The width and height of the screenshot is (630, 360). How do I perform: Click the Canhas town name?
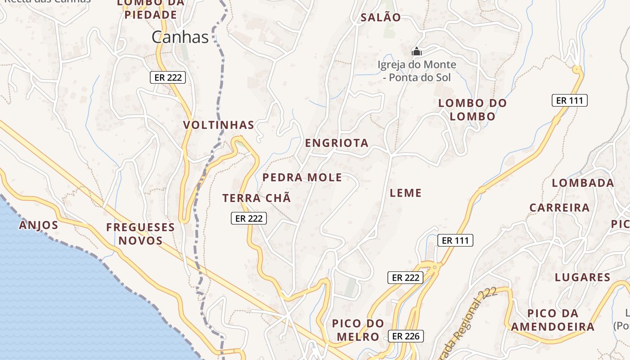coord(180,37)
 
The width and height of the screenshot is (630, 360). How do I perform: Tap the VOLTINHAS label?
coord(219,125)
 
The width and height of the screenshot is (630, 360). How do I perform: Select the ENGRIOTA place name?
coord(337,143)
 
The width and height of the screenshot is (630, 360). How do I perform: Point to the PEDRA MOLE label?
coord(302,177)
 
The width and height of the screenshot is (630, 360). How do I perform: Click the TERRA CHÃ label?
coord(256,198)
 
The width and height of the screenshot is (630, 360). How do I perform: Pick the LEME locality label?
coord(405,193)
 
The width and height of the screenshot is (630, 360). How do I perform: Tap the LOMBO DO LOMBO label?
coord(472,110)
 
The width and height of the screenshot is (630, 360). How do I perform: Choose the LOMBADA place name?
coord(583,183)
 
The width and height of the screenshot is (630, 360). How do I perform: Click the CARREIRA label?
coord(559,208)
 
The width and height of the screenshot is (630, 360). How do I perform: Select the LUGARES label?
coord(582,277)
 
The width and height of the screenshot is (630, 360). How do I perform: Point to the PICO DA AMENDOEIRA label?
coord(553,320)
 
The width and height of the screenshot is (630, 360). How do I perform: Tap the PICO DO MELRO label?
coord(358,330)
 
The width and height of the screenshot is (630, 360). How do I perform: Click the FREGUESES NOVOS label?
coord(140,234)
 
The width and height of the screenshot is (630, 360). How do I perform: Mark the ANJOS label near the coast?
coord(39,225)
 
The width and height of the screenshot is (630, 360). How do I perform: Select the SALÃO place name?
coord(380,18)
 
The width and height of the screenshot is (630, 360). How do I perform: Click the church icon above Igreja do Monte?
coord(417,51)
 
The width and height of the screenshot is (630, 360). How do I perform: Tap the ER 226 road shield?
coord(405,336)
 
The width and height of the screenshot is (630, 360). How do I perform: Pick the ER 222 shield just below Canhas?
coord(168,77)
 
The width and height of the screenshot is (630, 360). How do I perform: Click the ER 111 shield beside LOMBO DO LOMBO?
coord(570,100)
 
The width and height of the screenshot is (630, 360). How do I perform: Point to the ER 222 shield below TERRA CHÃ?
coord(249,219)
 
